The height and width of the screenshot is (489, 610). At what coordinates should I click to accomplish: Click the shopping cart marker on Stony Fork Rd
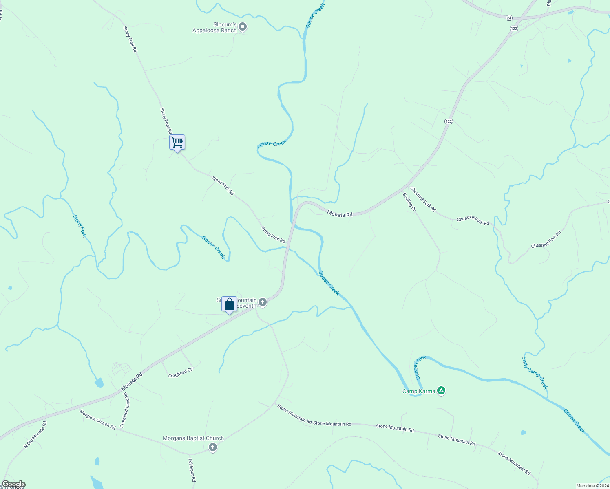tap(177, 143)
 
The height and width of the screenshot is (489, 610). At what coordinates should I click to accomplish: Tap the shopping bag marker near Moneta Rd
tap(229, 304)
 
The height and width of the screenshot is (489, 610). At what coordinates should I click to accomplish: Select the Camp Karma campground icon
tap(441, 391)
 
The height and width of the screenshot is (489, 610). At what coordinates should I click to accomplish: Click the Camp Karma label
tap(419, 392)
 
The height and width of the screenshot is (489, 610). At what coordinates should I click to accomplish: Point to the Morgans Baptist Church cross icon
tap(212, 447)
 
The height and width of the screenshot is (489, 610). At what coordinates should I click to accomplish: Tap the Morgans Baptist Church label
tap(193, 438)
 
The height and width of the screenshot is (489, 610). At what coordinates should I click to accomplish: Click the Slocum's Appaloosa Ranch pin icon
tap(243, 27)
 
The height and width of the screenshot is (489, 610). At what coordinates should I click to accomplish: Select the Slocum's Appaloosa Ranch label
tap(215, 28)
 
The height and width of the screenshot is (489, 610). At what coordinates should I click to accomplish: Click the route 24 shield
tap(508, 18)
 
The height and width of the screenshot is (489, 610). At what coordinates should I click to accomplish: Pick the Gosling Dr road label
tap(409, 202)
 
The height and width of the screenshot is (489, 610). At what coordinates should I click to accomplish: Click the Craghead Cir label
tap(181, 372)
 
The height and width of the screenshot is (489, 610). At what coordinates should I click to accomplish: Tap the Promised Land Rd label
tap(124, 410)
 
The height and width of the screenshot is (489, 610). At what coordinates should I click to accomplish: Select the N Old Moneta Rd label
tap(35, 435)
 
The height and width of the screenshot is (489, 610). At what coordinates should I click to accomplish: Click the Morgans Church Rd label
tap(97, 419)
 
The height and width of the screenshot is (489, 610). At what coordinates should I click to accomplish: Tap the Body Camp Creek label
tap(535, 373)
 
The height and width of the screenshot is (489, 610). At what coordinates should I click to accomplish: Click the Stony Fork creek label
tap(80, 226)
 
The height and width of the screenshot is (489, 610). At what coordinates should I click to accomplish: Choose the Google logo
tap(13, 484)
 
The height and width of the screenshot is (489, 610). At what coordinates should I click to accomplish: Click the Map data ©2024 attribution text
tap(592, 486)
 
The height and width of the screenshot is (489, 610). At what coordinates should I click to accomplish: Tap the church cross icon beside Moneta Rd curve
tap(263, 302)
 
